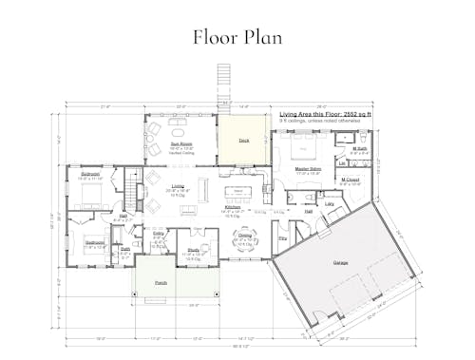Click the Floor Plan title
237,38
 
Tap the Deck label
243,140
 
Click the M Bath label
360,147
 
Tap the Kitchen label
233,207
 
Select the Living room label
178,185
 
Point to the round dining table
245,243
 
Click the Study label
194,250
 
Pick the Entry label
159,232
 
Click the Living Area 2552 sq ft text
325,112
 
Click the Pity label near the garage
282,238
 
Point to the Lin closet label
342,163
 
